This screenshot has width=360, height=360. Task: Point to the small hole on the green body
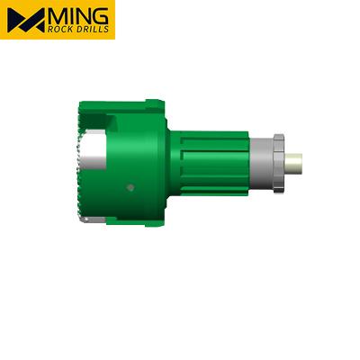coord(130,187)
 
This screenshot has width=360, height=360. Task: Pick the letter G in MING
coord(101,14)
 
